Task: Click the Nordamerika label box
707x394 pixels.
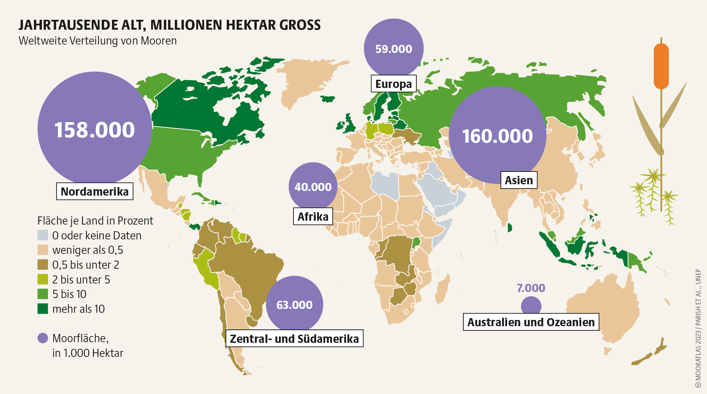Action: [95, 191]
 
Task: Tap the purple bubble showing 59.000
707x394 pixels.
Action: [393, 49]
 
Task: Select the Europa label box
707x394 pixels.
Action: [393, 84]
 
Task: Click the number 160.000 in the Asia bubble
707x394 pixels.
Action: [497, 136]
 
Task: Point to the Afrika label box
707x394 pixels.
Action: [313, 216]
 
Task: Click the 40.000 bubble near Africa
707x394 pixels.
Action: [313, 187]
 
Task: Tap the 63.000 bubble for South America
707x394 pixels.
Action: [294, 305]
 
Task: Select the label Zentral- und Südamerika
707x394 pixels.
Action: [294, 339]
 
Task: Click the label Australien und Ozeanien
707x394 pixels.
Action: [531, 322]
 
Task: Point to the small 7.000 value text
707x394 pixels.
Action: [531, 288]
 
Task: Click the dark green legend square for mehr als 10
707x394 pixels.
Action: [43, 309]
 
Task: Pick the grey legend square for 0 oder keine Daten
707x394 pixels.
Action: [43, 235]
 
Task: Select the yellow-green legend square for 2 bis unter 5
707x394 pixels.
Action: [43, 279]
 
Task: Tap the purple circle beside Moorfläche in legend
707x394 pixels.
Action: [43, 338]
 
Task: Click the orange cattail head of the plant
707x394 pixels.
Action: [661, 66]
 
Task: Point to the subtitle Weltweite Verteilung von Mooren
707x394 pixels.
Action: [97, 41]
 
